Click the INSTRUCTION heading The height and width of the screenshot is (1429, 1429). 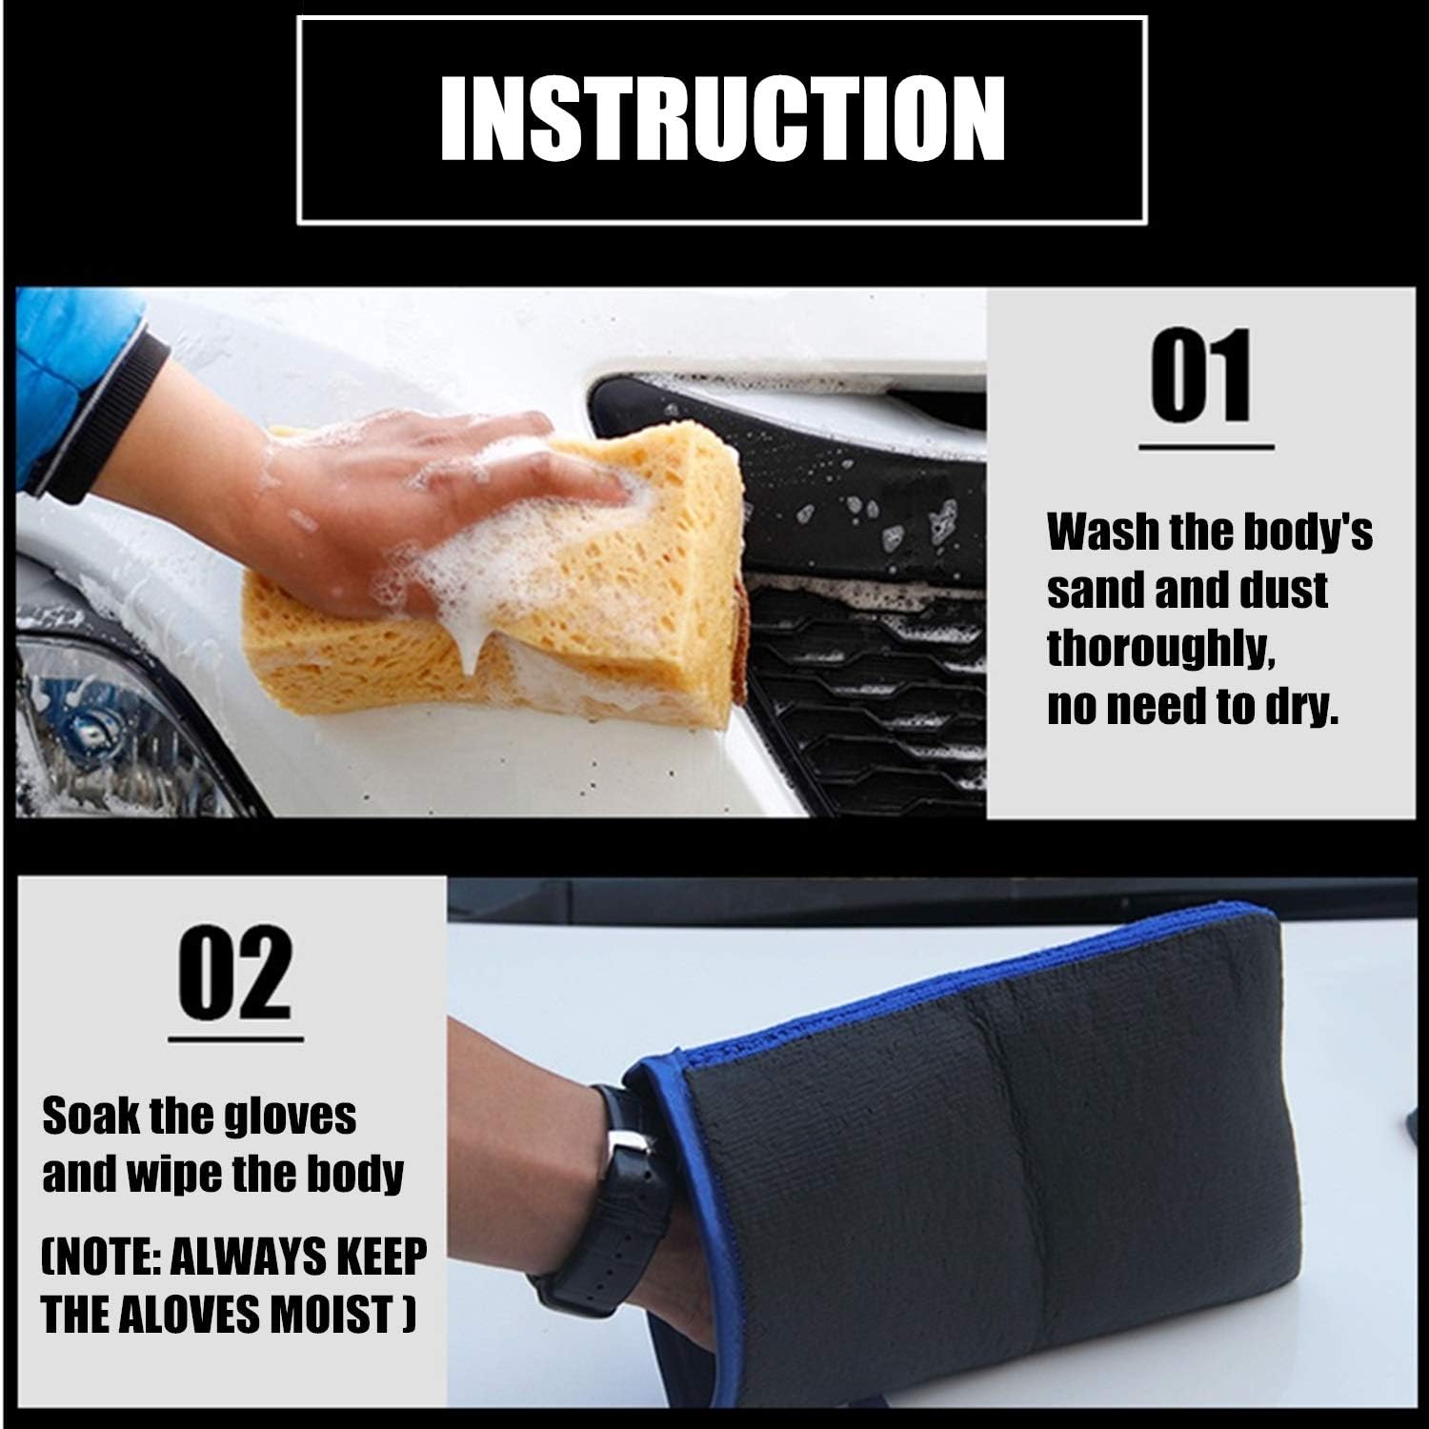(x=722, y=119)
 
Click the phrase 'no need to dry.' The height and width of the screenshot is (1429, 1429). (x=1193, y=707)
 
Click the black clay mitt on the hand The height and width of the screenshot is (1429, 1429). (x=991, y=1172)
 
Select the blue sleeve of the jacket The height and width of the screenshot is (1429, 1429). (x=76, y=381)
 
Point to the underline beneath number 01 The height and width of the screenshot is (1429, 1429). (x=1206, y=446)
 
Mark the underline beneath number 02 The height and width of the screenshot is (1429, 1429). (x=235, y=1039)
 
